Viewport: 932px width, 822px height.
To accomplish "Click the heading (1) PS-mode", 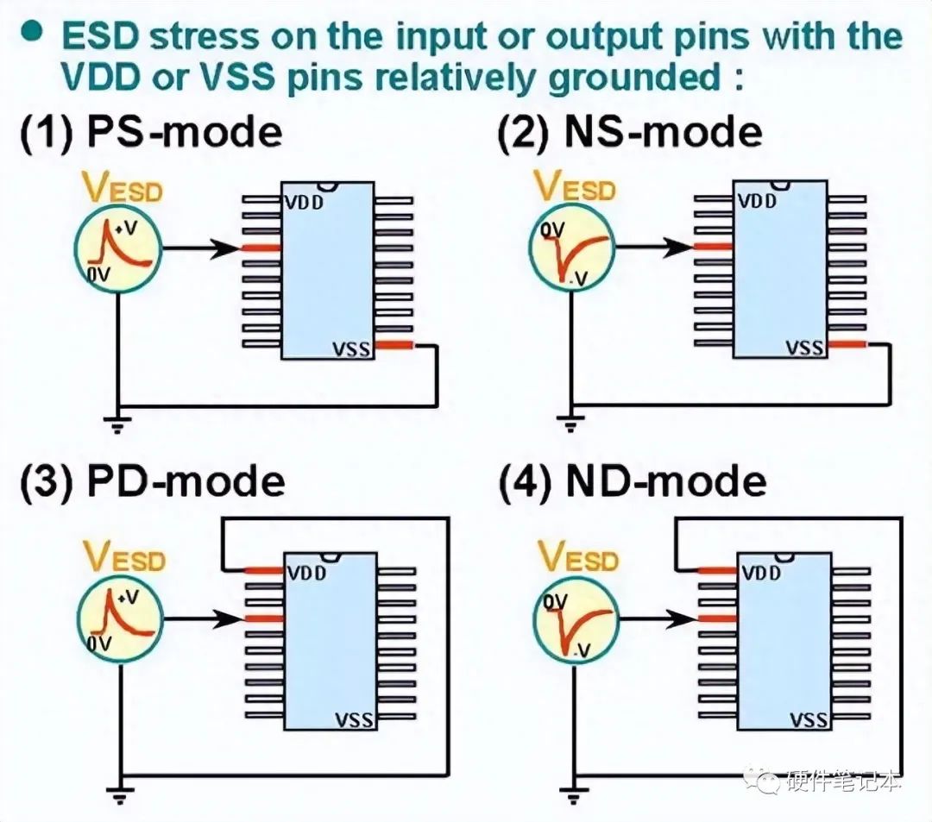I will click(x=150, y=133).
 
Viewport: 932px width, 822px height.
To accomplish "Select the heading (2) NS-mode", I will click(x=630, y=133).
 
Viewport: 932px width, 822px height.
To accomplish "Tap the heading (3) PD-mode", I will click(x=152, y=480).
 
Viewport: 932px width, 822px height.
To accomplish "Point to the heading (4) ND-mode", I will click(x=633, y=481).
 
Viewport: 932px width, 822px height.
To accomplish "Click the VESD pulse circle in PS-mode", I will click(x=118, y=248).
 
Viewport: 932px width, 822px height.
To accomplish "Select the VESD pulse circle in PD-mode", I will click(x=120, y=618).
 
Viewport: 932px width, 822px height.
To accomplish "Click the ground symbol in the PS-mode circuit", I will click(x=118, y=422).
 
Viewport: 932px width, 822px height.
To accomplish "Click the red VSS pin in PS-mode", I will click(x=394, y=346).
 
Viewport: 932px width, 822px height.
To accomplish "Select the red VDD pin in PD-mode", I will click(x=263, y=570).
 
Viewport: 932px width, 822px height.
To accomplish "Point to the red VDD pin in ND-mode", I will click(x=715, y=570).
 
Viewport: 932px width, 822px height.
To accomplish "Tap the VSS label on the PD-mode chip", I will click(x=355, y=719).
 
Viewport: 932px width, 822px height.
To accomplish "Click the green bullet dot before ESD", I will click(x=32, y=32).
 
